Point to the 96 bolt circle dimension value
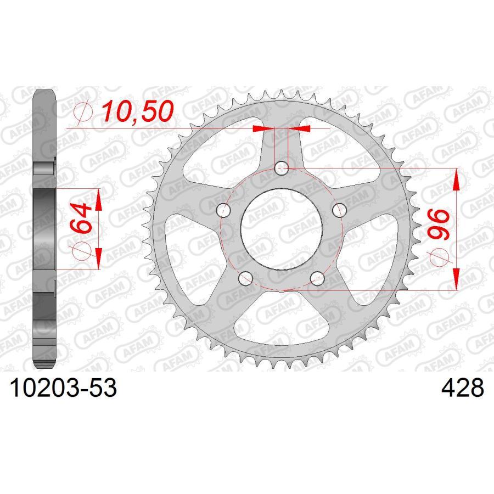pyautogui.click(x=440, y=223)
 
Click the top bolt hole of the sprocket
pyautogui.click(x=282, y=167)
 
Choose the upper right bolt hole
pyautogui.click(x=340, y=209)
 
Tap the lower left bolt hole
pyautogui.click(x=245, y=278)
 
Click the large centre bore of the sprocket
pyautogui.click(x=282, y=228)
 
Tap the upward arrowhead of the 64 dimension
pyautogui.click(x=98, y=200)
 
